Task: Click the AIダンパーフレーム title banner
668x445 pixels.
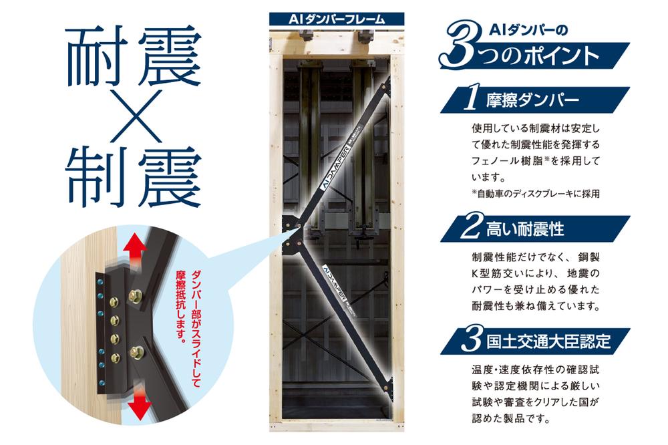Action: [337, 19]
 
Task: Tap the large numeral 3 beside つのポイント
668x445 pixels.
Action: [461, 45]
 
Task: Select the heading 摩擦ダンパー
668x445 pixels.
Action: [532, 100]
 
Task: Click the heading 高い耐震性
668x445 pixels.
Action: [525, 229]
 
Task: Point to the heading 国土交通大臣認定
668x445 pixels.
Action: [548, 341]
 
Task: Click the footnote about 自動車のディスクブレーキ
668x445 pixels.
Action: [536, 194]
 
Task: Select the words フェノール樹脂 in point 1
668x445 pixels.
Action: [507, 161]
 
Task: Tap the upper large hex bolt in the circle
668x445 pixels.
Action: [136, 294]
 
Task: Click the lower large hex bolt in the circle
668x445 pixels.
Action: [137, 352]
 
